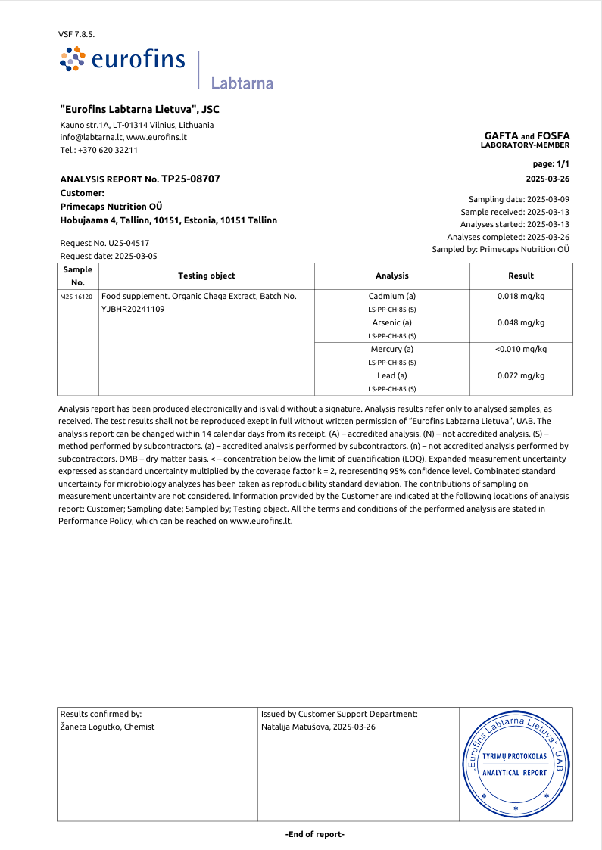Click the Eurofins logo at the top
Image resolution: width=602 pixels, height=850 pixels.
click(123, 60)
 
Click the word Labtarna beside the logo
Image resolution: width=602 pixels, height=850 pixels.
click(242, 83)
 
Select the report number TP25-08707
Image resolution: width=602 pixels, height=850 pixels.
click(191, 179)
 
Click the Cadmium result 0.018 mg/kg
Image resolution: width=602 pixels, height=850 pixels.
click(521, 296)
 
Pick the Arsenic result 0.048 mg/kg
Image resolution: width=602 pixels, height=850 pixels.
click(521, 322)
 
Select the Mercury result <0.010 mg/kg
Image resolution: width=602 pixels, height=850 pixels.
click(521, 349)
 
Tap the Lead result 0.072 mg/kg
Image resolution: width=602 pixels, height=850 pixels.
click(521, 375)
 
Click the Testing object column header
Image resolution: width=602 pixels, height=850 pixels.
click(206, 276)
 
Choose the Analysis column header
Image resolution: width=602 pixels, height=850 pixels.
click(391, 276)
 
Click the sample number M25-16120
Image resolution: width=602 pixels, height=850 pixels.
click(77, 297)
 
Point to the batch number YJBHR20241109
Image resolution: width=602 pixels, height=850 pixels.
click(133, 309)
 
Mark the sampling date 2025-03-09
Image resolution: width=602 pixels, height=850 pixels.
click(548, 199)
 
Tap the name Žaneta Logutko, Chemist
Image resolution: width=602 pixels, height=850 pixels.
click(107, 727)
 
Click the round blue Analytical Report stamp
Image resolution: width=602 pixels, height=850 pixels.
click(516, 765)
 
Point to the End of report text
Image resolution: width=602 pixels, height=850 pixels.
click(315, 834)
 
